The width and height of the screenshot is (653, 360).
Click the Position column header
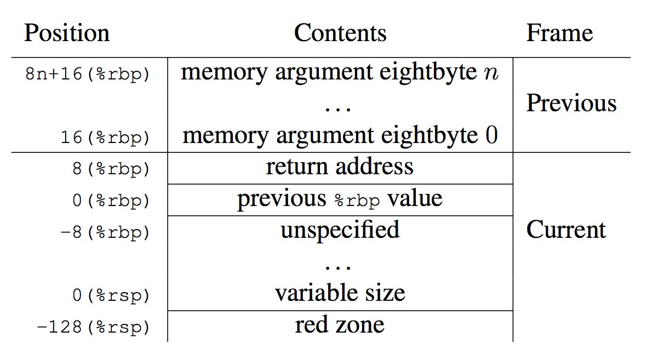[66, 33]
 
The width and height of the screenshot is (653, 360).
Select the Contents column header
[340, 33]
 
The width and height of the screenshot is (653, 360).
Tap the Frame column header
[559, 33]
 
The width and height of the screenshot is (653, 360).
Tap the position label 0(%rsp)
[110, 296]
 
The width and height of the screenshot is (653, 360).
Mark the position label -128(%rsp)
[93, 328]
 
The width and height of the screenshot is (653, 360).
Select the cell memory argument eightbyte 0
[340, 135]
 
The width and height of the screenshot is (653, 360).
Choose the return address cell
[340, 167]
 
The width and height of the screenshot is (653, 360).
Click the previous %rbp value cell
[340, 199]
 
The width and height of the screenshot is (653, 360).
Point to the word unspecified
[340, 230]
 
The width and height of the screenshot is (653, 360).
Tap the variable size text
[340, 293]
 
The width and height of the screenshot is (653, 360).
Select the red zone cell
[340, 325]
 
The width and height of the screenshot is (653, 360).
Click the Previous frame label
[571, 104]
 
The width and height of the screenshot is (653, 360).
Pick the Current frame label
[566, 230]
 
